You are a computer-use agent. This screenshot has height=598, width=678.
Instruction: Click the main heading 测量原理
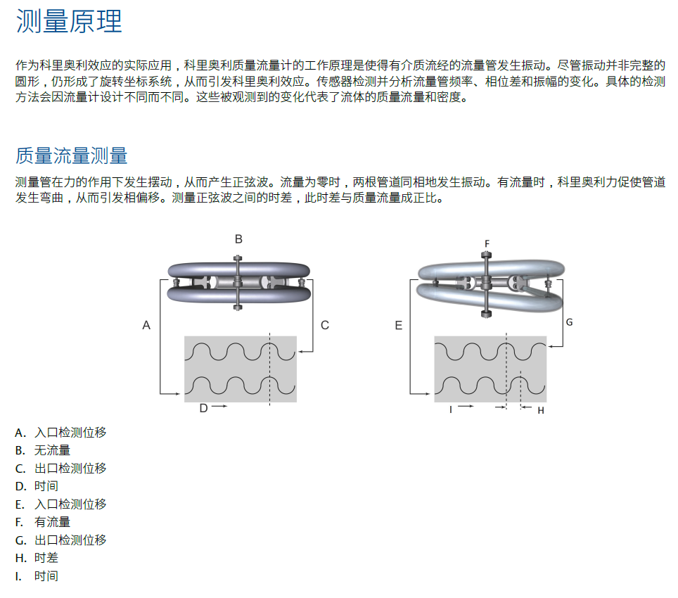click(x=69, y=22)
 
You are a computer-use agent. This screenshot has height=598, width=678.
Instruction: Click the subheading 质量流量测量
click(x=71, y=155)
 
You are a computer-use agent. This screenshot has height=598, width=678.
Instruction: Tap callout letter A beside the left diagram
click(x=146, y=325)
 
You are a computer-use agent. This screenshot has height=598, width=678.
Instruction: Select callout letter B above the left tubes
click(x=238, y=239)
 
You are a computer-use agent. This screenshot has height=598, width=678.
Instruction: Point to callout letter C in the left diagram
click(x=324, y=325)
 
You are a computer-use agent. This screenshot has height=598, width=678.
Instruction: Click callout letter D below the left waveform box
click(x=203, y=408)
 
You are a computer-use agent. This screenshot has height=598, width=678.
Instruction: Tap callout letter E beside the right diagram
click(x=399, y=325)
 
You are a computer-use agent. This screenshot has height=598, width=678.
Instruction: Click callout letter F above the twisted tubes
click(x=487, y=243)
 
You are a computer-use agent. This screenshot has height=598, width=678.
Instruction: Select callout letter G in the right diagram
click(x=569, y=322)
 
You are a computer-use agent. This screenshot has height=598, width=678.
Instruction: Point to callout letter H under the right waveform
click(x=541, y=410)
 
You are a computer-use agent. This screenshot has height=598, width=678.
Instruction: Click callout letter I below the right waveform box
click(x=451, y=408)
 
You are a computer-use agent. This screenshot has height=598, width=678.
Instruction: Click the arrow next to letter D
click(x=219, y=407)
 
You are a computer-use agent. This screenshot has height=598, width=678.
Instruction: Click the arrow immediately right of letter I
click(x=466, y=407)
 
